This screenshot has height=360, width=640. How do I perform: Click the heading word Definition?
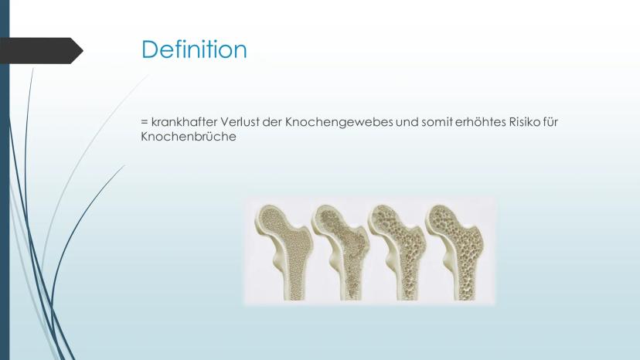pyautogui.click(x=194, y=49)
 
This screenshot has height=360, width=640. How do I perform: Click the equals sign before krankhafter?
pyautogui.click(x=144, y=121)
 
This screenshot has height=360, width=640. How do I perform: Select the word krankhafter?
pyautogui.click(x=184, y=121)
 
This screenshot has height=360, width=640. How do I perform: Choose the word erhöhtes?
pyautogui.click(x=480, y=121)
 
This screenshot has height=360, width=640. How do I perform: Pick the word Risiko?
pyautogui.click(x=525, y=121)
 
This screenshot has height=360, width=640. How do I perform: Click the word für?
pyautogui.click(x=550, y=121)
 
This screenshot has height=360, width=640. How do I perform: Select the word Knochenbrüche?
pyautogui.click(x=189, y=136)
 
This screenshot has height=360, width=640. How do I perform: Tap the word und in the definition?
pyautogui.click(x=407, y=121)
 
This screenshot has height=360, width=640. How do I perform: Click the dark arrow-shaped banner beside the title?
pyautogui.click(x=41, y=51)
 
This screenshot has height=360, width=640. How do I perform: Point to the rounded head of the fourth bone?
pyautogui.click(x=442, y=219)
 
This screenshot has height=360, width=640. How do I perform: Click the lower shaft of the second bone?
pyautogui.click(x=351, y=282)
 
